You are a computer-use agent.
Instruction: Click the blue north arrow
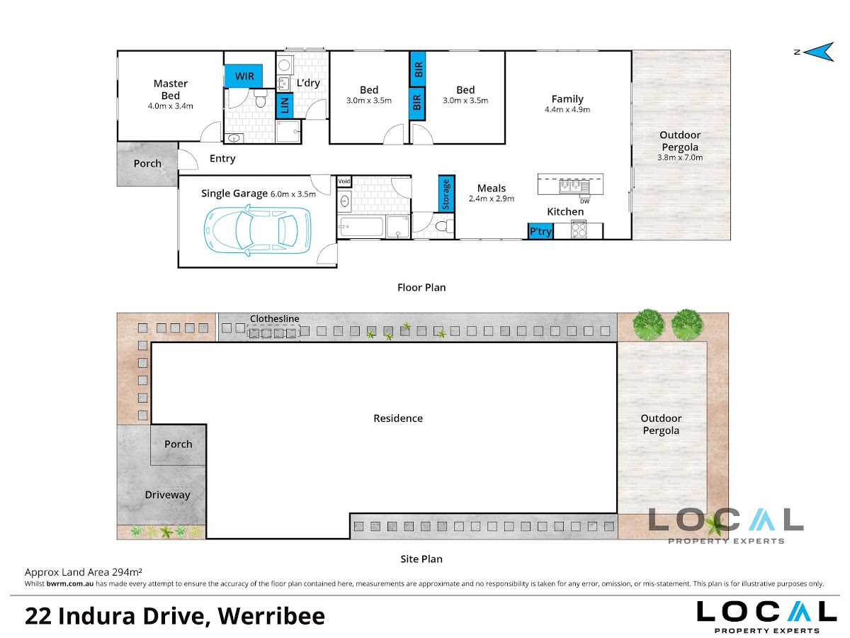tap(821, 52)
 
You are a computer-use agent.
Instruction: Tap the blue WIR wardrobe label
tap(244, 76)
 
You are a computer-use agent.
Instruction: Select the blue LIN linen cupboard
tap(284, 105)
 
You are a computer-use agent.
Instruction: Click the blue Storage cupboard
tap(446, 194)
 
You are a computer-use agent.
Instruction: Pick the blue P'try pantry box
tap(540, 231)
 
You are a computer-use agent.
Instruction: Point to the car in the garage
tap(258, 230)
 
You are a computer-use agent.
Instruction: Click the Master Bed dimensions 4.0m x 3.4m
tap(171, 106)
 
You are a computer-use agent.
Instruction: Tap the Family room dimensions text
tap(567, 110)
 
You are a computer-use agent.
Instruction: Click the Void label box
tap(344, 181)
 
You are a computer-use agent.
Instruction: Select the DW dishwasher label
tap(585, 201)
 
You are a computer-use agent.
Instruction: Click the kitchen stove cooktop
tap(579, 229)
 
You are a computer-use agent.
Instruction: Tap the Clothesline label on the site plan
tap(274, 318)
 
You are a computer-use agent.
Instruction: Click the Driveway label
tap(167, 495)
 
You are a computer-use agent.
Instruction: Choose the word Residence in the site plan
tap(397, 418)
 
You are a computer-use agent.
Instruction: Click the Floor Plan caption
tap(421, 287)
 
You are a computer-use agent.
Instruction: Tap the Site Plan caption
tap(421, 559)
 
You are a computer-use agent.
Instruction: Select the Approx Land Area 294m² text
tap(84, 572)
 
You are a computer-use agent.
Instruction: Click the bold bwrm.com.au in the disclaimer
tap(69, 583)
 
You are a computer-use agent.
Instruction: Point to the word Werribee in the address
tap(271, 616)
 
